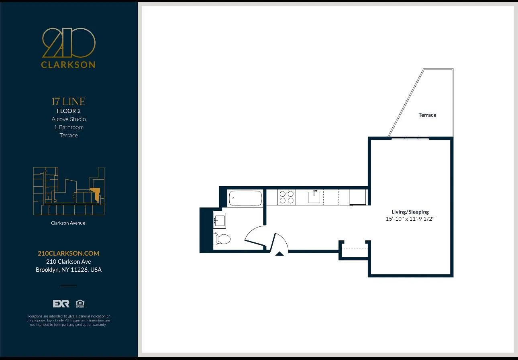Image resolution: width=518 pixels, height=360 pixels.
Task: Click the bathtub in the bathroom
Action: click(245, 198)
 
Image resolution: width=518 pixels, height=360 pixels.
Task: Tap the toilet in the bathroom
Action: click(222, 239)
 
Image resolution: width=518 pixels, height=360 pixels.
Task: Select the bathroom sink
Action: click(219, 220)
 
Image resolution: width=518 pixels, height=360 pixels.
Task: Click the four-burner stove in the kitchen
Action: click(286, 197)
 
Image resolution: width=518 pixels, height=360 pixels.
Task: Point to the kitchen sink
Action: click(314, 197)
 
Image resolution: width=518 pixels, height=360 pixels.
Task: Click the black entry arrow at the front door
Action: click(279, 253)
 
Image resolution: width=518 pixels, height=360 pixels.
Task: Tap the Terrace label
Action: click(427, 115)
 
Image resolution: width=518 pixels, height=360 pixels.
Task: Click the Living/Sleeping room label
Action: click(410, 212)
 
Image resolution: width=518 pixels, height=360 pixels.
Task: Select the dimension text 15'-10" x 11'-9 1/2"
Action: click(410, 219)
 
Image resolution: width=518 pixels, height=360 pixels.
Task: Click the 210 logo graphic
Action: click(69, 43)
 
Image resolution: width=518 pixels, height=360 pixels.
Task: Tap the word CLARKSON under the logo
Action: click(68, 65)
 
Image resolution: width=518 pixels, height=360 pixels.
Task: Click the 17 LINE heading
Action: click(69, 102)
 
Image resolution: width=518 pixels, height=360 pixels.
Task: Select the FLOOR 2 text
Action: click(69, 111)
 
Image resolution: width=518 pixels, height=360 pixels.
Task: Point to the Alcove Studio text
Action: click(69, 119)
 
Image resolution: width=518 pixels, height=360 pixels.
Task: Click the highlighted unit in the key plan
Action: click(96, 194)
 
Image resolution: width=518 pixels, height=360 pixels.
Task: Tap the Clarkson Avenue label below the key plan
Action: click(68, 223)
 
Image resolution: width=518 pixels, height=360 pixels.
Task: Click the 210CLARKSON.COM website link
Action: click(68, 253)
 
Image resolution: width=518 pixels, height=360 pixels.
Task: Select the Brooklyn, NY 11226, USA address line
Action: click(69, 270)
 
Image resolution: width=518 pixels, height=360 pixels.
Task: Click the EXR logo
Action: click(61, 303)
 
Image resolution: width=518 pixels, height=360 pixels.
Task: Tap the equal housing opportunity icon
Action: click(80, 303)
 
